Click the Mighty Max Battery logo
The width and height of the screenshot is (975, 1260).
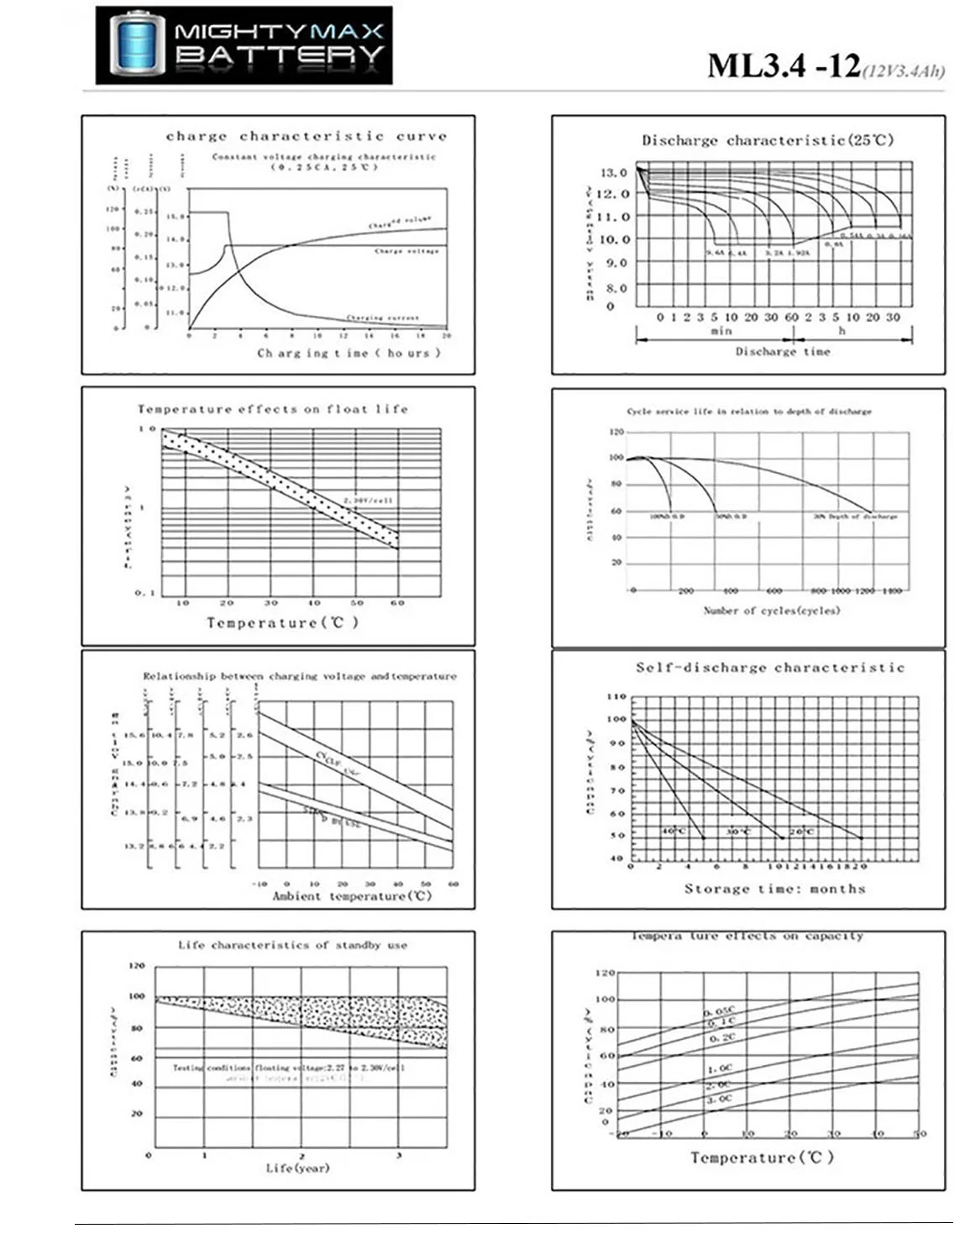(244, 45)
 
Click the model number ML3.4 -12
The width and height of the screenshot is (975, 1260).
(783, 65)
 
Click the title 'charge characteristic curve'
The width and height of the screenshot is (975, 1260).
(307, 136)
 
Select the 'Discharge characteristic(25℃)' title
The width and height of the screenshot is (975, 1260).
(768, 140)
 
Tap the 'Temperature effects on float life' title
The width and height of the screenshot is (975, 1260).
(273, 409)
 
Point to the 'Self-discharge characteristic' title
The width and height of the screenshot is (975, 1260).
(770, 668)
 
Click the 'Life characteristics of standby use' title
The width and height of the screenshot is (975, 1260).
(292, 945)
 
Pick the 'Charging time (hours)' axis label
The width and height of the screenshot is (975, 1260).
(349, 353)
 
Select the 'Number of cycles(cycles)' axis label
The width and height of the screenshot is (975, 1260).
(771, 610)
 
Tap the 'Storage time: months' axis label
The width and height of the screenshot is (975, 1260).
(774, 889)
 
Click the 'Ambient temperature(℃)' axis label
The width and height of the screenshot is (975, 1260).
(352, 896)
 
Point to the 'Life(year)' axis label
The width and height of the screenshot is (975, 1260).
(297, 1168)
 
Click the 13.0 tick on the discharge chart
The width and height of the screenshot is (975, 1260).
(613, 172)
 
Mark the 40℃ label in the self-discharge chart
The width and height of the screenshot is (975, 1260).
(674, 831)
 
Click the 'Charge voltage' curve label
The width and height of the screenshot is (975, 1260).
(406, 251)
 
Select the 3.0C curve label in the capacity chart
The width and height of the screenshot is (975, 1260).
(719, 1099)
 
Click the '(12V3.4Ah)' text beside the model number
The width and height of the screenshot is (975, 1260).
(904, 71)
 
